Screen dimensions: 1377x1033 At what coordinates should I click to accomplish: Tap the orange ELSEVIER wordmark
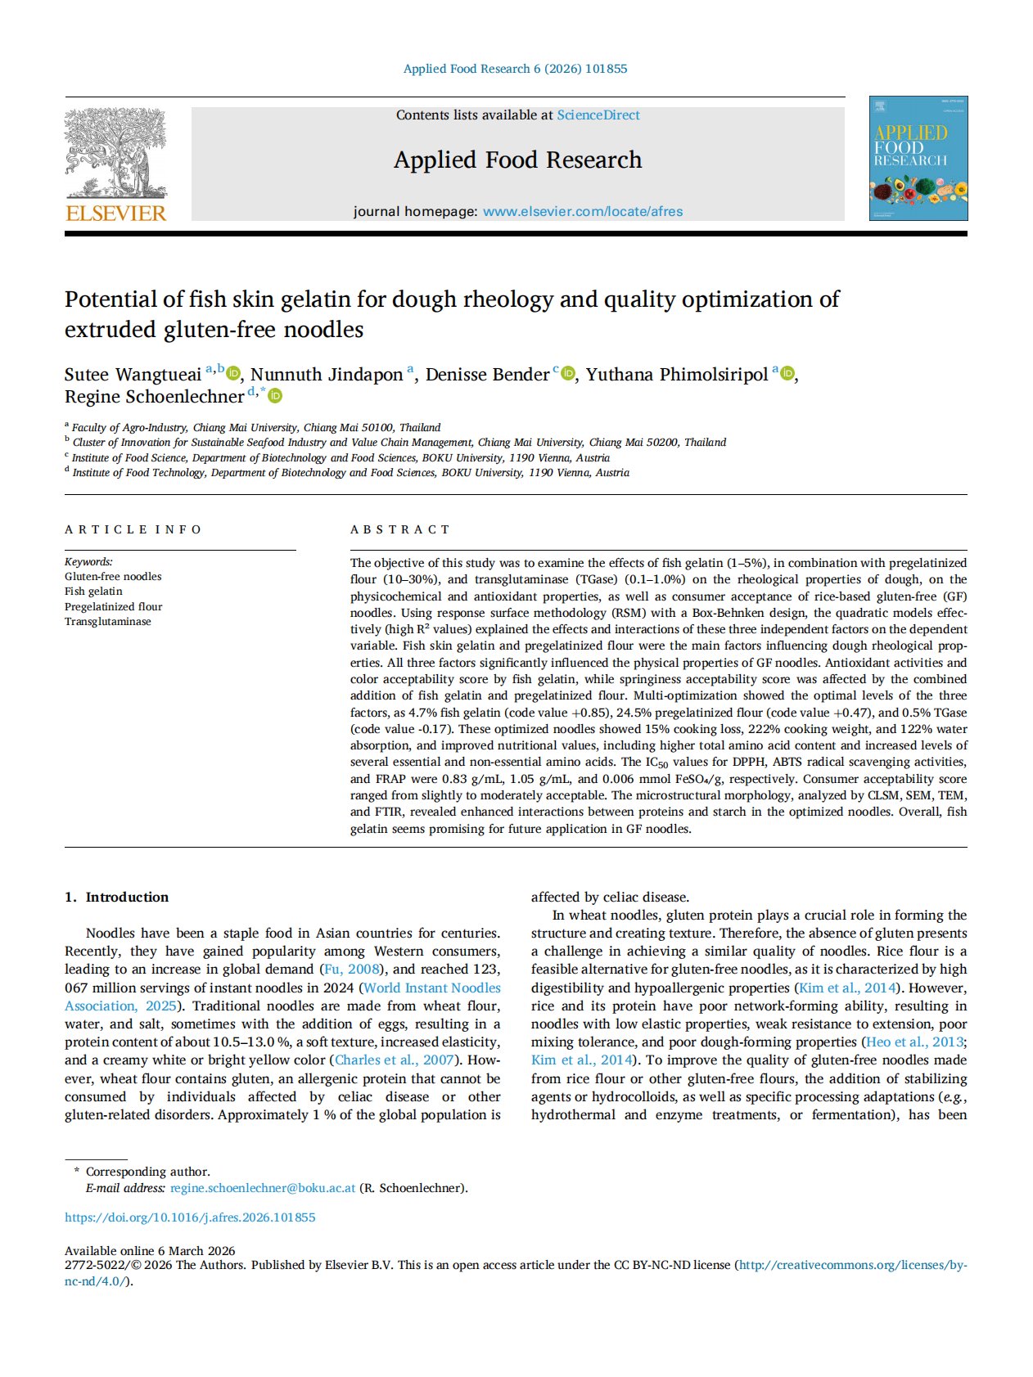pos(116,214)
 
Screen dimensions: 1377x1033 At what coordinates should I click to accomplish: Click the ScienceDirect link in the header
pos(598,115)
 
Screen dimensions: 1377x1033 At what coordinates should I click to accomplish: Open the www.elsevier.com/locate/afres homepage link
pos(582,211)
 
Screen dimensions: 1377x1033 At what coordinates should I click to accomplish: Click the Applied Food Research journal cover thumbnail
pos(918,158)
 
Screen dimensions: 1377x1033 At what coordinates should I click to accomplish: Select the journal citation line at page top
pos(515,69)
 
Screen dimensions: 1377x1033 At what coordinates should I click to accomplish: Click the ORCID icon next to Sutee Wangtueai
pos(233,374)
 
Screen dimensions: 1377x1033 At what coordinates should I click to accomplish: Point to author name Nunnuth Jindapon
pos(327,375)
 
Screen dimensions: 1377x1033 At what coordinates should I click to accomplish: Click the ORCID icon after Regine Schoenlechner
pos(276,396)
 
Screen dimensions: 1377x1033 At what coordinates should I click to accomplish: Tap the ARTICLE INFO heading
pos(133,529)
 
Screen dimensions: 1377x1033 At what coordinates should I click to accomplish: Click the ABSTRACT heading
pos(400,529)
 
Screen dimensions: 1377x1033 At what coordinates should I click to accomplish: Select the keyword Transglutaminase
pos(108,621)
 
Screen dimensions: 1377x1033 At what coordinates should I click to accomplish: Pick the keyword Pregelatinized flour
pos(114,606)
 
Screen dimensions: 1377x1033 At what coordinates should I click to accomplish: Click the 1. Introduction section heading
pos(117,897)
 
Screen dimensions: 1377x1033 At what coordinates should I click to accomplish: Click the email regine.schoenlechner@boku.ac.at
pos(263,1188)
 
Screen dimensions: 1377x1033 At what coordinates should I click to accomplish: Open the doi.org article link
pos(190,1217)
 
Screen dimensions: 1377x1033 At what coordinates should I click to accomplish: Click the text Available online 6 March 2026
pos(150,1250)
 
